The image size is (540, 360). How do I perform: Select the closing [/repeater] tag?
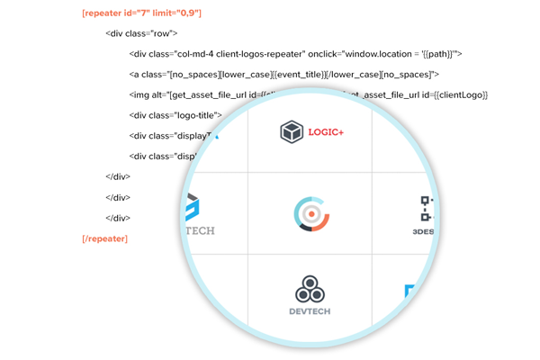pyautogui.click(x=104, y=238)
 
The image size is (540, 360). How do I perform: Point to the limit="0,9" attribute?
pyautogui.click(x=180, y=13)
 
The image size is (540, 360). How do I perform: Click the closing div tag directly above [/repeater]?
pyautogui.click(x=118, y=218)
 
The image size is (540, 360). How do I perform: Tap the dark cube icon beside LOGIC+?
pyautogui.click(x=292, y=131)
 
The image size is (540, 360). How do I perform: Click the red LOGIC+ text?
pyautogui.click(x=326, y=132)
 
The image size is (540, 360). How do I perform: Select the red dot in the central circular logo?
pyautogui.click(x=311, y=214)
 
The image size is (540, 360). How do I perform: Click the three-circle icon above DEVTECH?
pyautogui.click(x=310, y=290)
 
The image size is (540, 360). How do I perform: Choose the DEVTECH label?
pyautogui.click(x=310, y=311)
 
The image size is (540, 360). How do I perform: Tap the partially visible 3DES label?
pyautogui.click(x=423, y=231)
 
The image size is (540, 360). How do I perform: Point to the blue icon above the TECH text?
pyautogui.click(x=192, y=208)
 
